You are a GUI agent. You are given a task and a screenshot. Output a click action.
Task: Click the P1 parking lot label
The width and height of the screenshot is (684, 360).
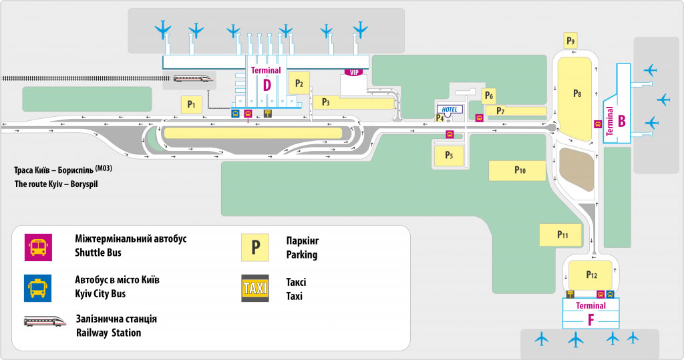(x=191, y=104)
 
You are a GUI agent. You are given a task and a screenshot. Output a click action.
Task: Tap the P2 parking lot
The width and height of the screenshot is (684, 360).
(x=299, y=83)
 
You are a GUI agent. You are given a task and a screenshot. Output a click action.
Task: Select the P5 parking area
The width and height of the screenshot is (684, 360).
(x=449, y=156)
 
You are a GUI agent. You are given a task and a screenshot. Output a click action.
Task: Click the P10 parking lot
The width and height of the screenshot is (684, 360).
(x=520, y=170)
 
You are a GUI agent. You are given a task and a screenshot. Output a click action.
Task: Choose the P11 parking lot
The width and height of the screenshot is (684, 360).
(x=562, y=234)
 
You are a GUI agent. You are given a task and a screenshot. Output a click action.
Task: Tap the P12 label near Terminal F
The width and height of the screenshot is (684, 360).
(x=591, y=275)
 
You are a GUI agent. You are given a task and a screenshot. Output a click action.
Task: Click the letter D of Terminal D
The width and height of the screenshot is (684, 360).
(x=267, y=85)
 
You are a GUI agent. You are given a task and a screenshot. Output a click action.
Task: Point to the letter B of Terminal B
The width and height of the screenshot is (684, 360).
(x=621, y=121)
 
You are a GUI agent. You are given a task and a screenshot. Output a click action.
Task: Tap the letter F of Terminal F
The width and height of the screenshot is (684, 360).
(x=590, y=319)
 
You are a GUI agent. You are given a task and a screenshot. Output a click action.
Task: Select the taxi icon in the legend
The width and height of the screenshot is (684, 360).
(x=255, y=288)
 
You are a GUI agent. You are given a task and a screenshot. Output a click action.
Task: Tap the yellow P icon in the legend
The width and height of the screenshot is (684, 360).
(x=255, y=247)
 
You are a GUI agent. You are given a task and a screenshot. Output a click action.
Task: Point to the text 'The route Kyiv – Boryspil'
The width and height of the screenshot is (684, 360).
(x=55, y=183)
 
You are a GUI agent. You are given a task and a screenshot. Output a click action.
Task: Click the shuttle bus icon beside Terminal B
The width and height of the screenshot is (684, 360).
(x=598, y=124)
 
